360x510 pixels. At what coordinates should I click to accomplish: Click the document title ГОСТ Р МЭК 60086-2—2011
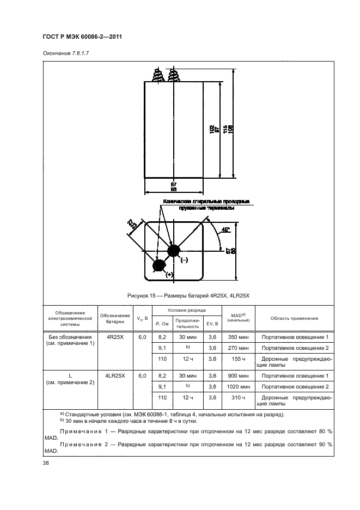point(81,37)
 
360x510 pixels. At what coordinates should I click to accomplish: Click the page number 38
point(45,463)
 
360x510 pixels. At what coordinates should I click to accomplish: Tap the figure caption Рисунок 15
point(187,295)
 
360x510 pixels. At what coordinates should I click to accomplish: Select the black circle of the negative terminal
point(174,251)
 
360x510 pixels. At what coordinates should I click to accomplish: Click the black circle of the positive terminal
point(159,265)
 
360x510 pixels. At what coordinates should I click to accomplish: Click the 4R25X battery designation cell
point(115,337)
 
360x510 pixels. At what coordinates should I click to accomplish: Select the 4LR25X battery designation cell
point(115,376)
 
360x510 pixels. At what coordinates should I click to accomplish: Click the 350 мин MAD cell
point(238,338)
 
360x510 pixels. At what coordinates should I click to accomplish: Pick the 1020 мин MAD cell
point(238,386)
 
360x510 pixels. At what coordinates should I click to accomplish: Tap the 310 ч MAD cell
point(238,398)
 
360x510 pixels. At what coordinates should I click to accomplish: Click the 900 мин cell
point(238,376)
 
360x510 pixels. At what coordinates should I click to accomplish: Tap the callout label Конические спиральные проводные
point(205,202)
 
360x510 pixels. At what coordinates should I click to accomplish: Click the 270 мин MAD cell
point(238,348)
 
